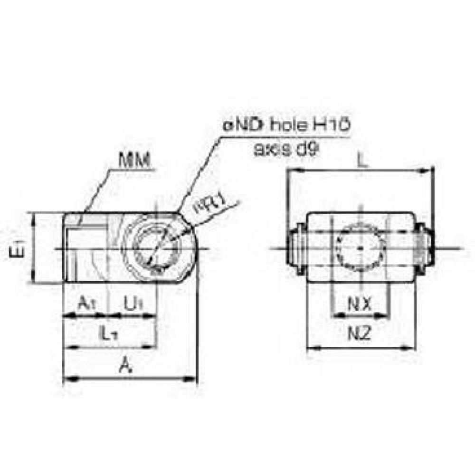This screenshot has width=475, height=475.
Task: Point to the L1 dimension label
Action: (109, 334)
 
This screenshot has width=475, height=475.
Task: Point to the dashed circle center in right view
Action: (360, 248)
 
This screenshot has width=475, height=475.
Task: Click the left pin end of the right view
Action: (295, 248)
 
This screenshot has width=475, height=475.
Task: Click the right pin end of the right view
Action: (426, 248)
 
